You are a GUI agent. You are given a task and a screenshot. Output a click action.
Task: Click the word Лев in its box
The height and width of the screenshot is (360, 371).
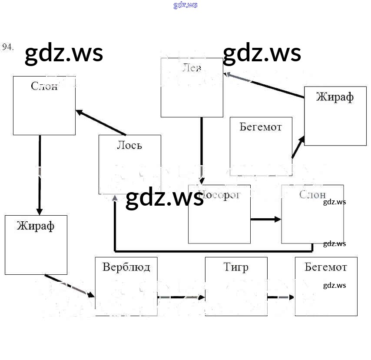point(192,68)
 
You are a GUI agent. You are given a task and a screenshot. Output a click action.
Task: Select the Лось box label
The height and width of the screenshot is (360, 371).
point(129,145)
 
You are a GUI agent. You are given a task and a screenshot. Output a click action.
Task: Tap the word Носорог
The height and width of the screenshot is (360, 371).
point(219,194)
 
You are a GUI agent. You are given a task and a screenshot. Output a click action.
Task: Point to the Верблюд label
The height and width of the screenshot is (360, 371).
point(126,267)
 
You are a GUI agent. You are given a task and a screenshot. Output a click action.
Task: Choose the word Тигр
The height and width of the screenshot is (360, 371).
point(236,267)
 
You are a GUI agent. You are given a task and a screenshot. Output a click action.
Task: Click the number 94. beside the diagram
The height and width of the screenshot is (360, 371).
point(8,47)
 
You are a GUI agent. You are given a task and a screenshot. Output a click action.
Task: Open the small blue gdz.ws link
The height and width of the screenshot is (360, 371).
point(185,5)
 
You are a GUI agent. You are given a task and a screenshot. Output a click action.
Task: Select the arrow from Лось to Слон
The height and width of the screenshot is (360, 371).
point(101,123)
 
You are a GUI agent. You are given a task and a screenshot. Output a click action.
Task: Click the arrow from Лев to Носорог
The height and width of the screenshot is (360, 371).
point(202,148)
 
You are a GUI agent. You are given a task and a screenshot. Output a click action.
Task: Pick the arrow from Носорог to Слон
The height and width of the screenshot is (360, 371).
point(266,219)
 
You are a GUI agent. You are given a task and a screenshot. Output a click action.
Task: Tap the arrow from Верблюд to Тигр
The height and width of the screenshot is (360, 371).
point(181,297)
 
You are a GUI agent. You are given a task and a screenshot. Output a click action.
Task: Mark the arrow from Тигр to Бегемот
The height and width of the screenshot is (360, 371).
point(281,297)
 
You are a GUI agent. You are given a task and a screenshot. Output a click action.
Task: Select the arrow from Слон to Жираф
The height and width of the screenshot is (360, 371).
point(40,174)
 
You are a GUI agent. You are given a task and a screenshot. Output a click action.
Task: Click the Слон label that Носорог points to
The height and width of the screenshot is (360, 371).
point(312,194)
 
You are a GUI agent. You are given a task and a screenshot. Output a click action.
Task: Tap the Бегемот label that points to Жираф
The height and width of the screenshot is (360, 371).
point(261,127)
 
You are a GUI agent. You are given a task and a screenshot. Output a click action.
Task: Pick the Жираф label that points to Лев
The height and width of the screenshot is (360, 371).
point(335,97)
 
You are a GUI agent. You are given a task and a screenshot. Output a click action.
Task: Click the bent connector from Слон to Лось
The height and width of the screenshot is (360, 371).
point(213,251)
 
